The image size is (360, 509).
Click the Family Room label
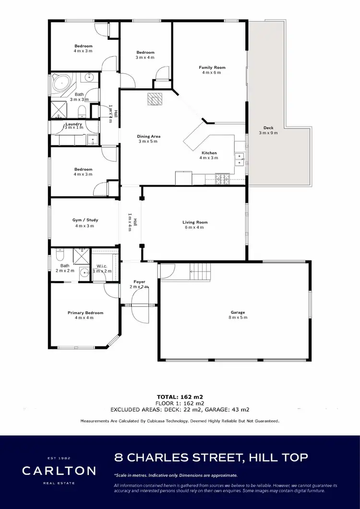tap(212, 68)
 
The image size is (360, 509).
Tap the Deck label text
tap(268, 128)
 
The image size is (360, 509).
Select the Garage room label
tap(235, 312)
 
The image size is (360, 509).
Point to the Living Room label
tap(195, 222)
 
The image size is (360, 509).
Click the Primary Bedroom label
tap(85, 313)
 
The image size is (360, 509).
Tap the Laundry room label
tap(73, 124)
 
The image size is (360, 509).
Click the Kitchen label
tap(209, 153)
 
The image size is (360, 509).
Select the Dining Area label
tap(149, 136)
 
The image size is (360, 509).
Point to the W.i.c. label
tap(102, 266)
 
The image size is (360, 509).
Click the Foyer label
tap(139, 282)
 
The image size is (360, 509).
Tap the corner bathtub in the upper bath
tap(61, 82)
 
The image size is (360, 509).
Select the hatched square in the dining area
tap(155, 98)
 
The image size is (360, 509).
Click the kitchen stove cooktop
tap(223, 179)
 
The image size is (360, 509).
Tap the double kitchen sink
tap(239, 159)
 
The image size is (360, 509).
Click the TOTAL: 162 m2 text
tap(180, 397)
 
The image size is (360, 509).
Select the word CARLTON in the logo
tap(59, 470)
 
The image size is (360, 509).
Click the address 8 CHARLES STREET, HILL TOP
tap(211, 457)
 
